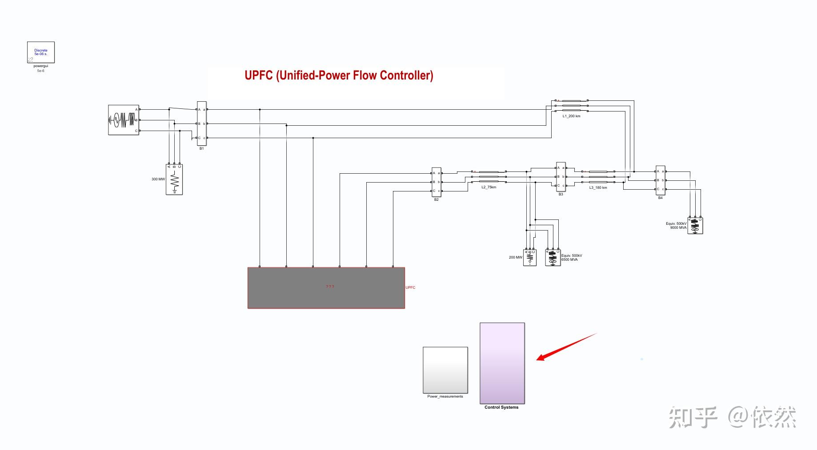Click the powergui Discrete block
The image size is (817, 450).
[41, 52]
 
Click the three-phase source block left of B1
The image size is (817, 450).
[124, 120]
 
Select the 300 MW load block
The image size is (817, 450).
[174, 179]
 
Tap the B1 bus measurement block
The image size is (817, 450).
[202, 123]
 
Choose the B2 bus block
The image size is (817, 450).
[437, 182]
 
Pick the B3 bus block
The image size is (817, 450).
[561, 176]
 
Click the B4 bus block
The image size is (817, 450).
[661, 180]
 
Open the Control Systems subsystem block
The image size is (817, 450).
[502, 363]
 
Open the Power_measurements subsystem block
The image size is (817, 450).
[445, 370]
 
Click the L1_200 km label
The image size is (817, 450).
[571, 116]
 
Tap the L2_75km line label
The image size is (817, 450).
[489, 187]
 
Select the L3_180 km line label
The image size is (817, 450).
[598, 188]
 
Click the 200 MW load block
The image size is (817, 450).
[530, 258]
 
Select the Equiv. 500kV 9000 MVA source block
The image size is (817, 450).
[695, 226]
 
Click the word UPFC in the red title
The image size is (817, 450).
[258, 76]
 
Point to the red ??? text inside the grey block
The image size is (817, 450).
[330, 287]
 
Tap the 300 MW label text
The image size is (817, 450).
[158, 179]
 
